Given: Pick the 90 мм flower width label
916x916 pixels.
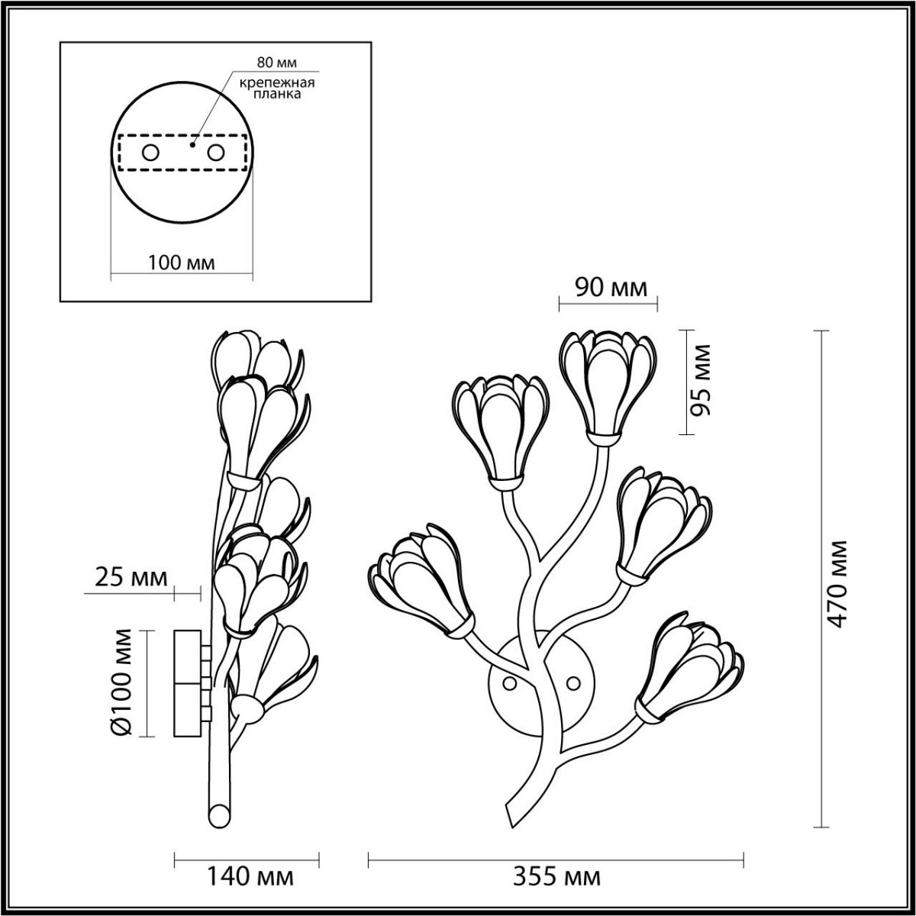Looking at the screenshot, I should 609,288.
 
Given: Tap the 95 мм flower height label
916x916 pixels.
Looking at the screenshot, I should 701,380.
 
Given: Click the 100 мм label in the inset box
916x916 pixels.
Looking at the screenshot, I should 182,263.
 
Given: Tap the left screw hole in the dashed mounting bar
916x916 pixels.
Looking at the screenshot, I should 150,153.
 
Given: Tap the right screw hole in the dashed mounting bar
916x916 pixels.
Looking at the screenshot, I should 216,153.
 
